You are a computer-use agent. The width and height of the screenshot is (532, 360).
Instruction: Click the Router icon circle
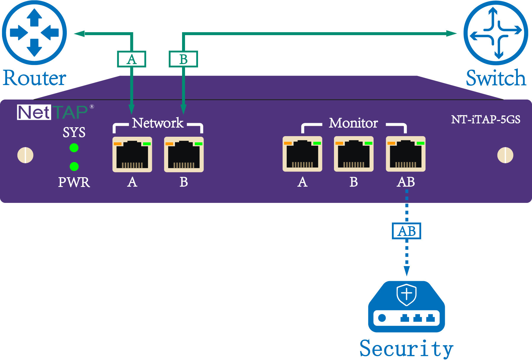pos(34,32)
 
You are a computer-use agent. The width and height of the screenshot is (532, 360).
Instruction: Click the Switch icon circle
pos(496,33)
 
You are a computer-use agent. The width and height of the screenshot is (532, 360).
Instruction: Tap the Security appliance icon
pos(406,307)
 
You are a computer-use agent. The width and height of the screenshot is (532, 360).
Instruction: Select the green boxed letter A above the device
pos(132,59)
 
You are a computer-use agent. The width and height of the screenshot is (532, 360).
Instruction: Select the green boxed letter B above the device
pos(183,59)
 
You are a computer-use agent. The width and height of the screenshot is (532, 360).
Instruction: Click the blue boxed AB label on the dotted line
pos(406,231)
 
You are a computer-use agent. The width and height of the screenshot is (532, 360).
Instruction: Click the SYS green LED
pos(74,148)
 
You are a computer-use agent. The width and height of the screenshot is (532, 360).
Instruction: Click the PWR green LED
pos(74,166)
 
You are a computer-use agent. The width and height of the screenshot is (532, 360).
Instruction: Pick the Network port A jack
pos(132,154)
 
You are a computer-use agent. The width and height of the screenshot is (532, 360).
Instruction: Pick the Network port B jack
pos(184,154)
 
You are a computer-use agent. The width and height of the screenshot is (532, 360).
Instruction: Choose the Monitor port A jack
pos(302,154)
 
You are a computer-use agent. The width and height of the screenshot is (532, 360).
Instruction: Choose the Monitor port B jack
pos(354,154)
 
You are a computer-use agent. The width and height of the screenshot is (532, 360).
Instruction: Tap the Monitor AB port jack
pos(406,154)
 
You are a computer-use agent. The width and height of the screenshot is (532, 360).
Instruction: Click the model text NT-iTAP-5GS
pos(486,119)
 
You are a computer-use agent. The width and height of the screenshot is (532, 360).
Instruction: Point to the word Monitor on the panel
pos(353,123)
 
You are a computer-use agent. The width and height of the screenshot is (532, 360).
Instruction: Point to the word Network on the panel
pos(158,123)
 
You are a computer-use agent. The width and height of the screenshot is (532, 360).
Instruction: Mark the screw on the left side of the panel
pos(25,155)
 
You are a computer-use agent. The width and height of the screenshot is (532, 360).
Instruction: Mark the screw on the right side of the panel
pos(505,155)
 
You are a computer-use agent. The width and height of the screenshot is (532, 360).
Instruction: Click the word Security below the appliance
pos(406,349)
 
